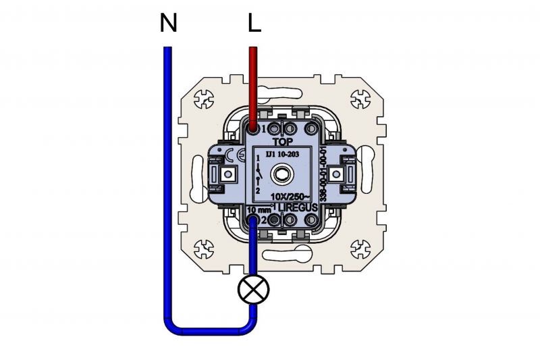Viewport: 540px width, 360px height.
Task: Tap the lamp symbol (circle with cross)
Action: pos(254,290)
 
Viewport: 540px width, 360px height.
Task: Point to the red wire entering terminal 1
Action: pos(254,88)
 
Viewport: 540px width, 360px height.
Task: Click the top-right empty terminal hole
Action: pos(312,128)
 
